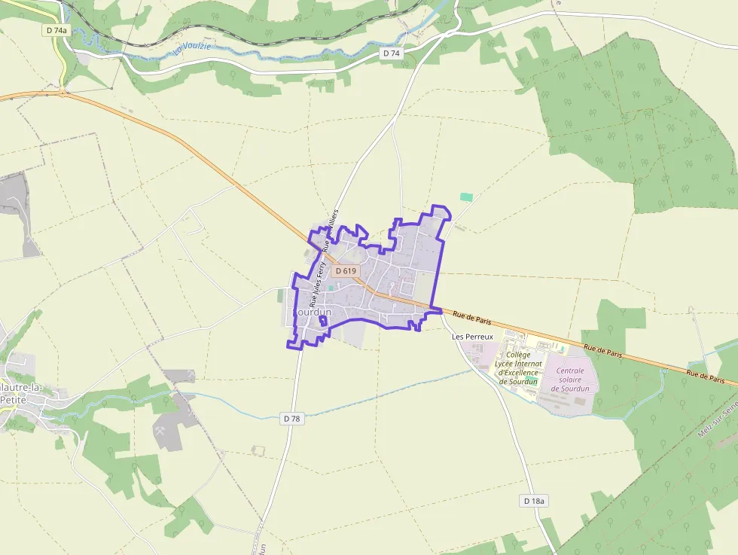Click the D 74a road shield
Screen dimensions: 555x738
pos(55,30)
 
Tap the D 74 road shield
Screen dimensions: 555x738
pos(391,53)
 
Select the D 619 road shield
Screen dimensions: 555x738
pos(346,270)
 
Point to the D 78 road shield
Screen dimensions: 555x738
pos(293,418)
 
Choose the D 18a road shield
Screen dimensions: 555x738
pos(533,501)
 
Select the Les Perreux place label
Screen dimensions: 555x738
pos(472,336)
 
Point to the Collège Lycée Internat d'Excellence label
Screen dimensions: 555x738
pos(518,367)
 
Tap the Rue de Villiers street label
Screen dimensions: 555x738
pos(330,230)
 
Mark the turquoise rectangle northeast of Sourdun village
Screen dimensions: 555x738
pos(467,197)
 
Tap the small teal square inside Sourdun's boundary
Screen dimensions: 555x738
pos(331,288)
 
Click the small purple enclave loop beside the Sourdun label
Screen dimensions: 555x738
pos(323,322)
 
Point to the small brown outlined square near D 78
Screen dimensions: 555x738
pos(259,450)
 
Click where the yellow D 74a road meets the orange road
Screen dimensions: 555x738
pos(63,93)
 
